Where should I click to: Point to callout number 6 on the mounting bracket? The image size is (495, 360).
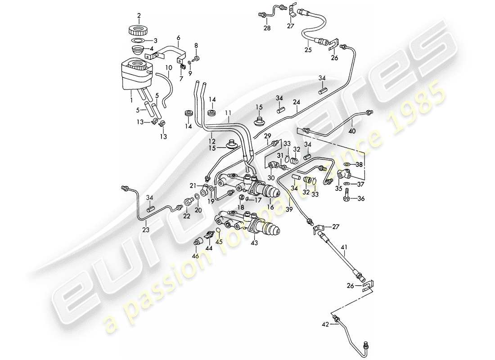(178, 38)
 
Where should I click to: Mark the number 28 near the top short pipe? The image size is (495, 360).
(267, 29)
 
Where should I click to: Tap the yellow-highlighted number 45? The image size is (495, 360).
(219, 241)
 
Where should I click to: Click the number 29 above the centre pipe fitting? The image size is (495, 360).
(267, 135)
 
